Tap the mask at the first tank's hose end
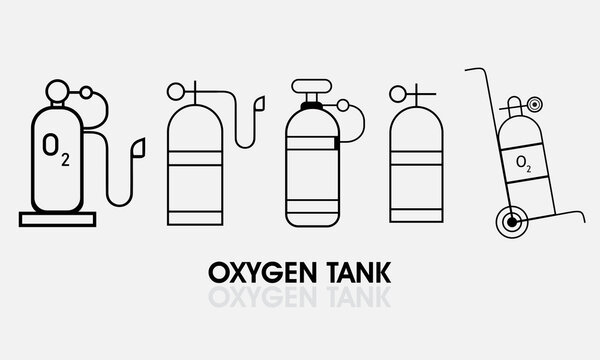click(137, 147)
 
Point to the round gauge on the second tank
click(175, 93)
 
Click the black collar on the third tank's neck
click(310, 102)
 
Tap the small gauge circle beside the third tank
click(345, 107)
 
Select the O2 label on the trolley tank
click(523, 161)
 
